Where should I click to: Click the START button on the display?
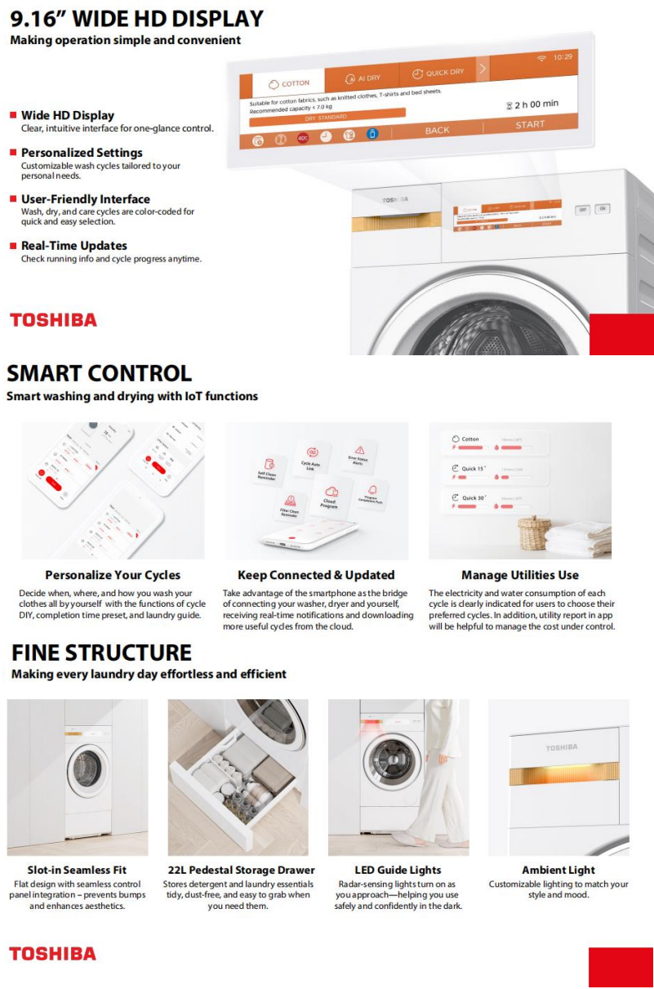[530, 125]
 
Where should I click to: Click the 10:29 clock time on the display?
[563, 57]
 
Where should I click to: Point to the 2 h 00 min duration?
[532, 105]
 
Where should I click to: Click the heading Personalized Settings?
[82, 153]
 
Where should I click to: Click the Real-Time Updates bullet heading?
[74, 246]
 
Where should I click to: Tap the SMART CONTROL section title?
[100, 374]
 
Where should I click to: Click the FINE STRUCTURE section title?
[102, 653]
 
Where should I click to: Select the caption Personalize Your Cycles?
[113, 575]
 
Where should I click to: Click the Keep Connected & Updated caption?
[316, 575]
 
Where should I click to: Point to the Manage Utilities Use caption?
[520, 575]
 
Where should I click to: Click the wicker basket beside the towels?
[532, 532]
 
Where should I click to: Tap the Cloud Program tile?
[330, 497]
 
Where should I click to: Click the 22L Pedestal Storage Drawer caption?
[238, 870]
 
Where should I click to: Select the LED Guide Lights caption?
[398, 870]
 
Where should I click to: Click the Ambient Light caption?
[558, 870]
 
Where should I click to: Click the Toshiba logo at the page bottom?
[52, 954]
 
